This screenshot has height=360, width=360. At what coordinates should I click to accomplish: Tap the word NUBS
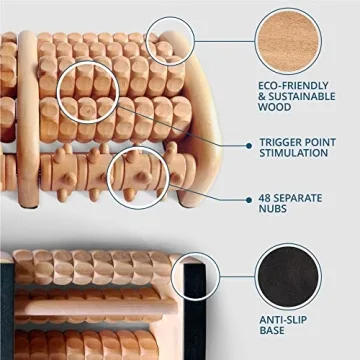coord(275,210)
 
